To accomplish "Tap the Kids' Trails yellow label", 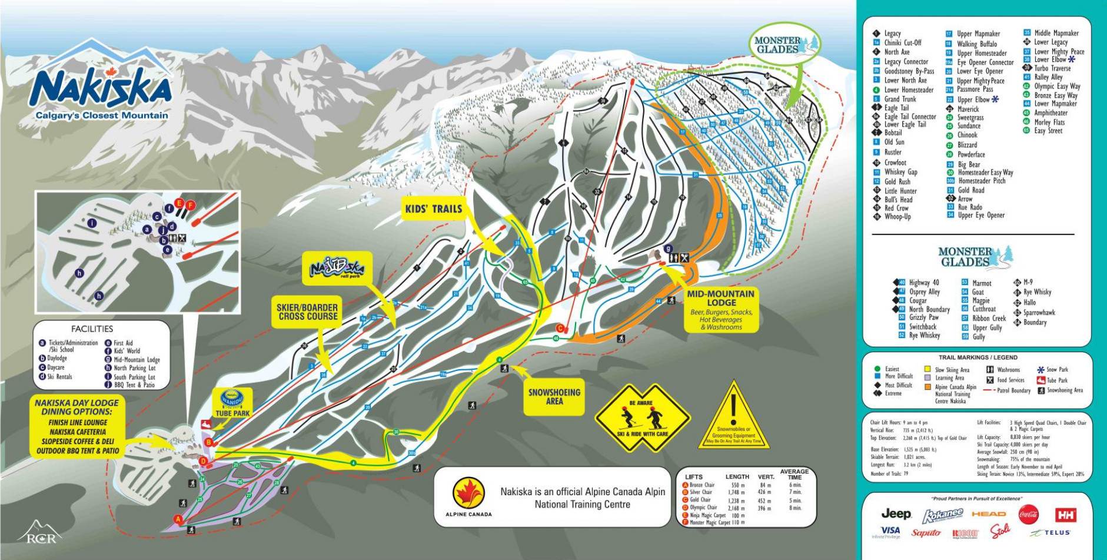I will tap(434, 208).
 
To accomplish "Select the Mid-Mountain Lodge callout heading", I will tap(720, 298).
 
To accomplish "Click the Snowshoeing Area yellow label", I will tap(554, 396).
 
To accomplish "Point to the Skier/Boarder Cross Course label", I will tap(308, 312).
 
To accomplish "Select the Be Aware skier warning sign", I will tap(641, 418).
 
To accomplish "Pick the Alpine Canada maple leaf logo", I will tap(468, 493).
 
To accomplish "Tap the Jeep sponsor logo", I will tap(896, 513).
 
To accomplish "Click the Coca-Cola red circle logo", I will tap(1028, 514).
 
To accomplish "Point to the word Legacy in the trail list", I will tap(892, 34).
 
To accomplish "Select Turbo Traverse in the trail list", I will tap(1052, 68).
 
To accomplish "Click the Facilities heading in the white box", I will tap(92, 329).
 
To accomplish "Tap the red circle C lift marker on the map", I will tap(560, 328).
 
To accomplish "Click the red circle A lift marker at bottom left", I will tap(178, 519).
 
